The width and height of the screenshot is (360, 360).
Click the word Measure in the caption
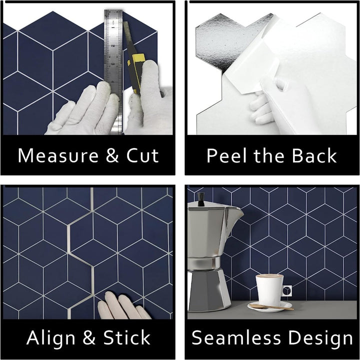pyautogui.click(x=58, y=155)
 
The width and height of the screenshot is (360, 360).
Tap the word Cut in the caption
pyautogui.click(x=142, y=155)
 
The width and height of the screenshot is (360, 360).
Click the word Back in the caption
pyautogui.click(x=314, y=155)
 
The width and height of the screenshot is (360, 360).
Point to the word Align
pyautogui.click(x=51, y=337)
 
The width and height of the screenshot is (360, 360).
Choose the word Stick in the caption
pyautogui.click(x=127, y=337)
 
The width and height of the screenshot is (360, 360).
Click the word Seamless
pyautogui.click(x=236, y=337)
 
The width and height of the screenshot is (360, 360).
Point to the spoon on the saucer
pyautogui.click(x=271, y=306)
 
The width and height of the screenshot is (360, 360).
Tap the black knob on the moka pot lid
pyautogui.click(x=201, y=199)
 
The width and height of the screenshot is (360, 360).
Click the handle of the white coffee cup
pyautogui.click(x=287, y=290)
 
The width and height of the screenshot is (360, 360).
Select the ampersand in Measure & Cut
pyautogui.click(x=112, y=155)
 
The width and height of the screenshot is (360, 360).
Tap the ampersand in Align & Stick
pyautogui.click(x=89, y=337)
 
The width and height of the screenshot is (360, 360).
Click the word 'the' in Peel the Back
pyautogui.click(x=270, y=155)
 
